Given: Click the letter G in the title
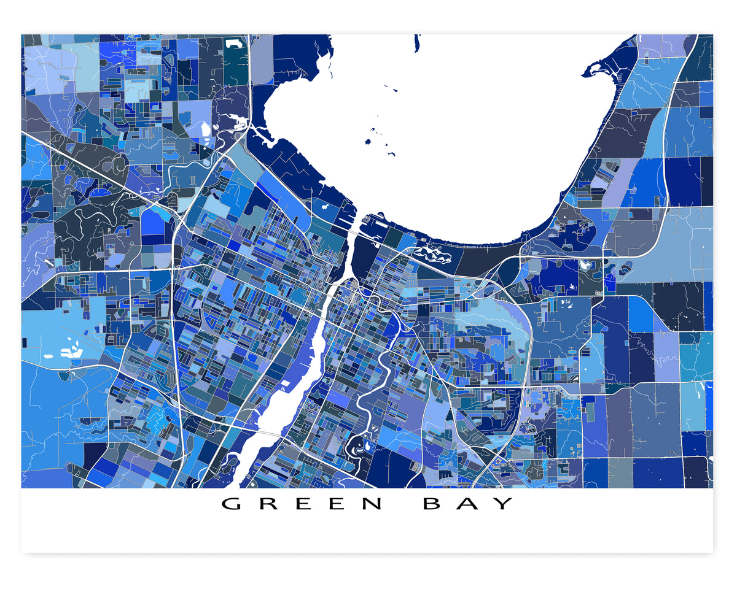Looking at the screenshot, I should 231,504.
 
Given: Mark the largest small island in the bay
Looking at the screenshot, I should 385,142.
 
